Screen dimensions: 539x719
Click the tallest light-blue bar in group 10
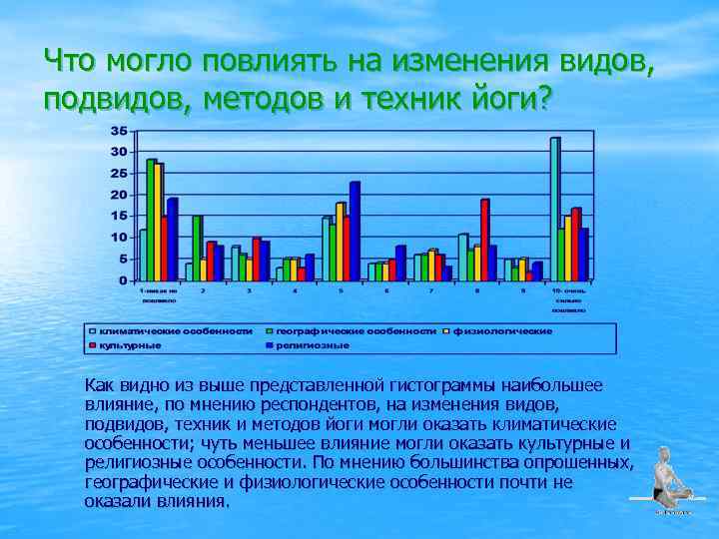coord(554,209)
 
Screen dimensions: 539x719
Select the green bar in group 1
coord(151,220)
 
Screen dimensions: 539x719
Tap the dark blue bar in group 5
coord(355,231)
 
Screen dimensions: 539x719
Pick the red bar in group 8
coord(484,240)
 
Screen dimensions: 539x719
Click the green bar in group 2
coord(197,248)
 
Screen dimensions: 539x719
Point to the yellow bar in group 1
coord(158,222)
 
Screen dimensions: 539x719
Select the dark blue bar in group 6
coord(400,263)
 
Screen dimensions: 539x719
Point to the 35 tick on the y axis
coord(118,131)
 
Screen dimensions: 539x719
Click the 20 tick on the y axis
coord(118,195)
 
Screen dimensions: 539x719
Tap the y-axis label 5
coord(122,259)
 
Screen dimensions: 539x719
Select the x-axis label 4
coord(294,290)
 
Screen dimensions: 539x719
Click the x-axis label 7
coord(431,290)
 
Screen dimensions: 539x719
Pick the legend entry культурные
coord(130,344)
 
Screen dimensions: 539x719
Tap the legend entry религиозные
coord(315,344)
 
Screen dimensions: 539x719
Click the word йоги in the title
coord(498,98)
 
